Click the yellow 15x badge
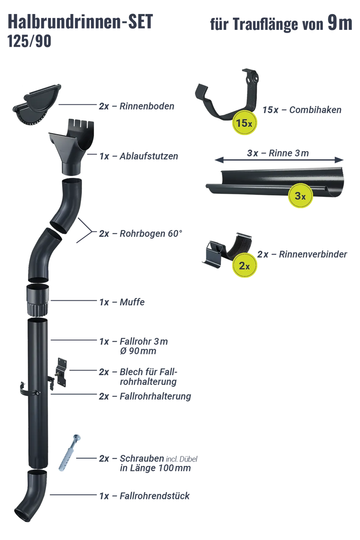tap(244, 123)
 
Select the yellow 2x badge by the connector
tap(244, 265)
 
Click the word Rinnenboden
tap(147, 106)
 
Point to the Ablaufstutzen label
tap(139, 156)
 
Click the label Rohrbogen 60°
tap(140, 234)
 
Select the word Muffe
tap(132, 302)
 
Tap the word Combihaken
tap(315, 110)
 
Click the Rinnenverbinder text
tap(313, 254)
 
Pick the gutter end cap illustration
tap(37, 105)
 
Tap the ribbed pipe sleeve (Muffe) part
tap(37, 300)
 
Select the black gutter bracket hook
tap(227, 96)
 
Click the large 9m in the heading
tap(340, 23)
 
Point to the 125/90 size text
tap(30, 41)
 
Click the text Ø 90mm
tap(138, 351)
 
